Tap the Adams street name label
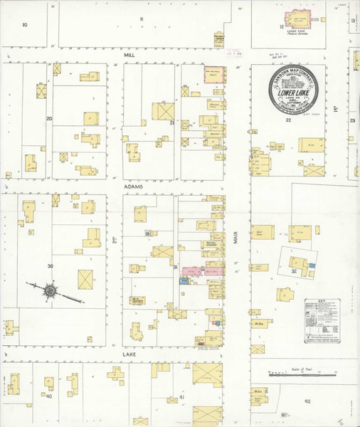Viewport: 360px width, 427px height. tap(133, 186)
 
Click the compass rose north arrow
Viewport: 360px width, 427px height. tap(51, 290)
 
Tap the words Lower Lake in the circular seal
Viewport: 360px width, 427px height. tap(297, 92)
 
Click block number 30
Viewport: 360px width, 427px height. tap(50, 266)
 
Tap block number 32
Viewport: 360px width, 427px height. tap(293, 271)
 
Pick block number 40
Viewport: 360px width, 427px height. tap(49, 396)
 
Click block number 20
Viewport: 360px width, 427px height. tap(49, 118)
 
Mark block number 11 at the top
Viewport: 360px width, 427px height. tap(142, 18)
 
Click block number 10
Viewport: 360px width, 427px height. tap(24, 24)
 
